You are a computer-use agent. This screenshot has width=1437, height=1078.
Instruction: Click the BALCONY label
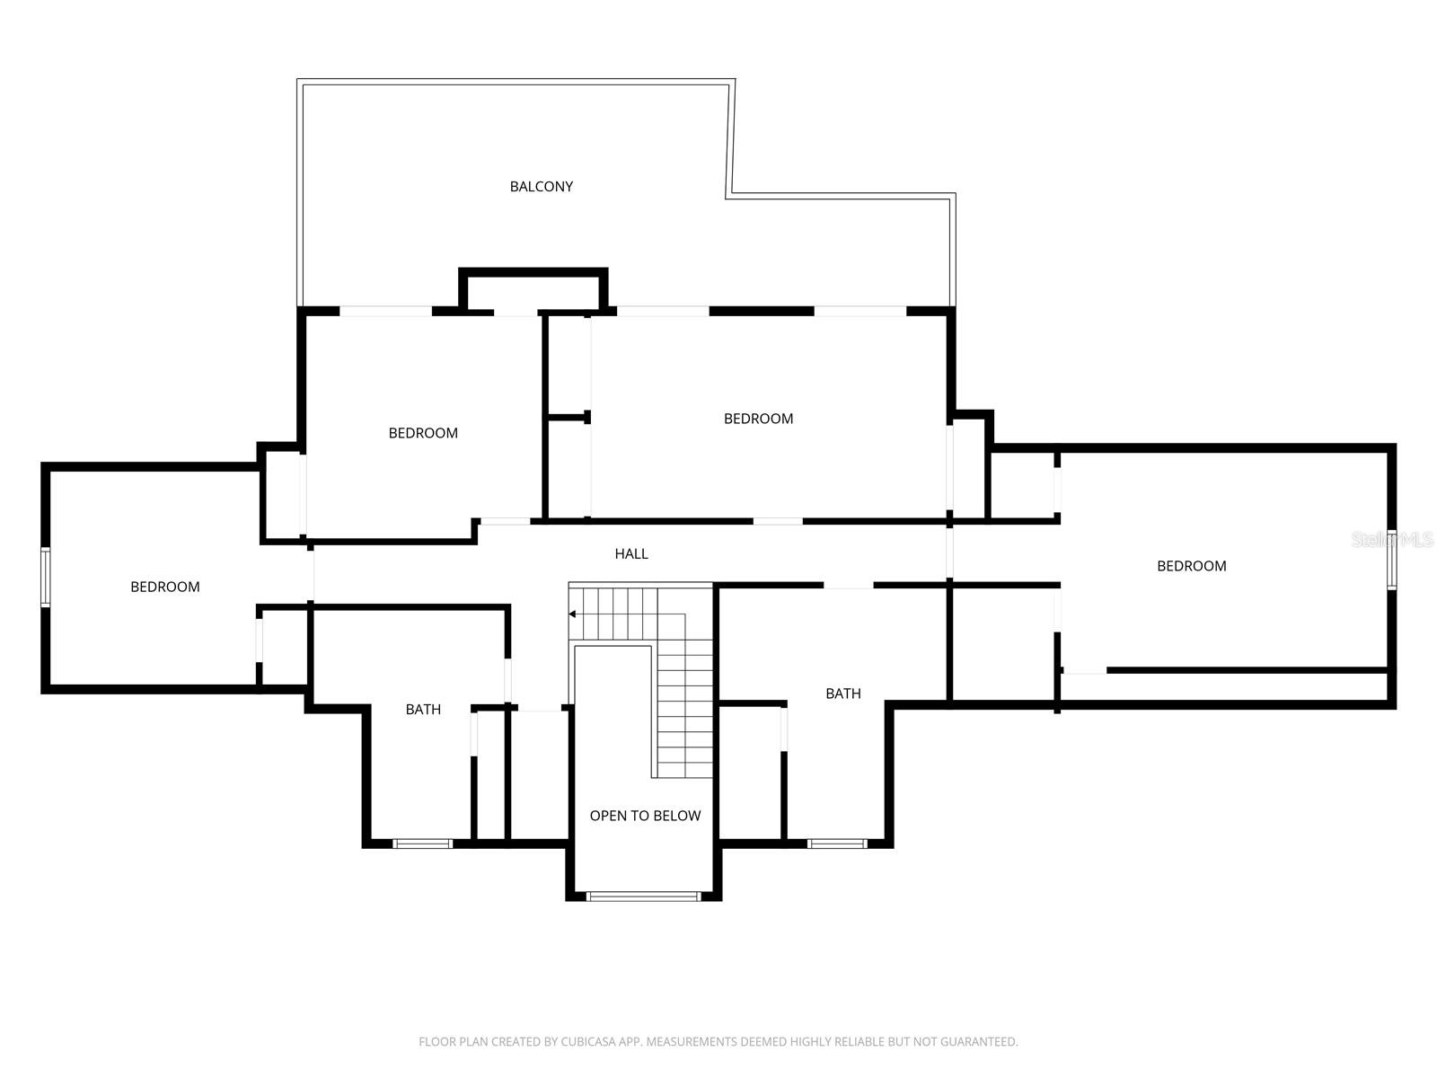click(x=541, y=187)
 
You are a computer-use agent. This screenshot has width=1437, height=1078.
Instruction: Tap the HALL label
click(x=631, y=554)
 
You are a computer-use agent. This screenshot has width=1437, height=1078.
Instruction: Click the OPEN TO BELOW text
click(x=645, y=816)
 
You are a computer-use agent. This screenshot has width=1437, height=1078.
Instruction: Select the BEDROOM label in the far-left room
click(x=165, y=587)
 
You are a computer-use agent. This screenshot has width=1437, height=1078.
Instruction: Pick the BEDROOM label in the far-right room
click(x=1191, y=566)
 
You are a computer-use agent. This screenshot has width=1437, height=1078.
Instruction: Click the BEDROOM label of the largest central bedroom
click(x=758, y=419)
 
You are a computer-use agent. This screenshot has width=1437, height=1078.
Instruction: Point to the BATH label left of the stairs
click(x=423, y=710)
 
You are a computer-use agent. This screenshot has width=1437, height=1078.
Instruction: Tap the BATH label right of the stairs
click(x=843, y=694)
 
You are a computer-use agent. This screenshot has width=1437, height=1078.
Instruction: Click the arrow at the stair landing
click(x=573, y=614)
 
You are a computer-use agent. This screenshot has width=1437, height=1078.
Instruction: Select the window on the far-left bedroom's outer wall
click(x=45, y=577)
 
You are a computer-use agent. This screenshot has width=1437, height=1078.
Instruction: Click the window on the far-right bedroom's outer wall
click(x=1391, y=560)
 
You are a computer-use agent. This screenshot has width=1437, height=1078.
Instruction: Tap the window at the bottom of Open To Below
click(x=643, y=896)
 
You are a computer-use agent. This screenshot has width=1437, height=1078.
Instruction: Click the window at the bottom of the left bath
click(x=423, y=844)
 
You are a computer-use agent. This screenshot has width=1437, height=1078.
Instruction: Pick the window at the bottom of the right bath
click(x=837, y=844)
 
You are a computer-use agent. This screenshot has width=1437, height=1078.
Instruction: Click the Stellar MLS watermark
click(x=1393, y=540)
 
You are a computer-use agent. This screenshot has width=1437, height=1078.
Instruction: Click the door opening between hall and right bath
click(x=849, y=586)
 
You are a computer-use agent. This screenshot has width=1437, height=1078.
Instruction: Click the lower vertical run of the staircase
click(x=685, y=710)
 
